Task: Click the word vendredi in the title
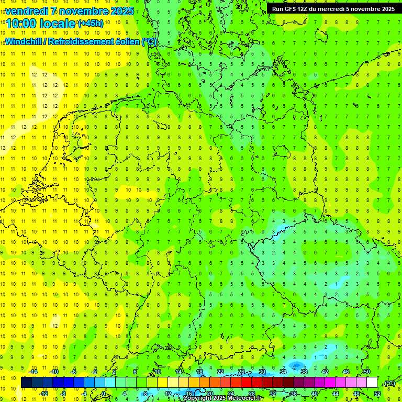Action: tap(26, 10)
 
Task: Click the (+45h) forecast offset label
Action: tap(91, 24)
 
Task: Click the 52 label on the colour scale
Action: tap(377, 394)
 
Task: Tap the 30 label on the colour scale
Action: tap(262, 372)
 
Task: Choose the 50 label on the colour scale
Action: tap(367, 372)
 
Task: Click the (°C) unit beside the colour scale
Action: tap(389, 384)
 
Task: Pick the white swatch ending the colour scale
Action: tap(372, 383)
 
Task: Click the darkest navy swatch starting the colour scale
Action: tap(26, 383)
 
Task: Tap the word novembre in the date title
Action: tap(84, 10)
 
